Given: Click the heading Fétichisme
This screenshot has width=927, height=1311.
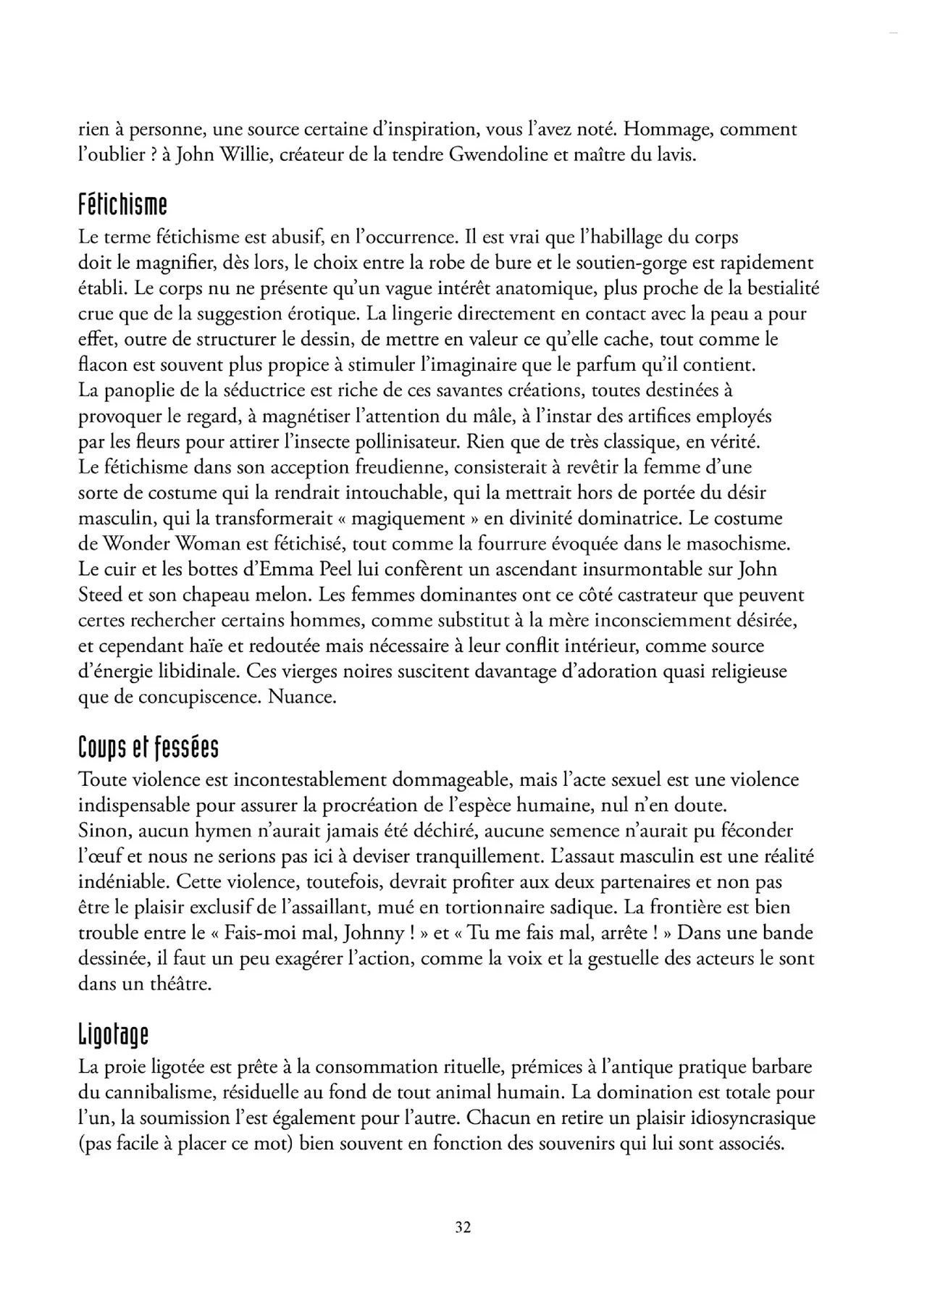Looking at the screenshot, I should (x=122, y=206).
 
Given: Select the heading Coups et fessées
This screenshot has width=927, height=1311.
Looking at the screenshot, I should (x=148, y=749).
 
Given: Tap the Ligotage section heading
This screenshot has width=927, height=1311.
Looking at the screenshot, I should (x=113, y=1035).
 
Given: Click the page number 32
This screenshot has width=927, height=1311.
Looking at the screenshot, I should (x=463, y=1227).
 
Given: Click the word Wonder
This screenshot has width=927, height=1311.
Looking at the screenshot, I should (x=135, y=544).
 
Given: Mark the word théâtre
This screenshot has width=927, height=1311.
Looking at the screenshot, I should (x=175, y=984).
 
